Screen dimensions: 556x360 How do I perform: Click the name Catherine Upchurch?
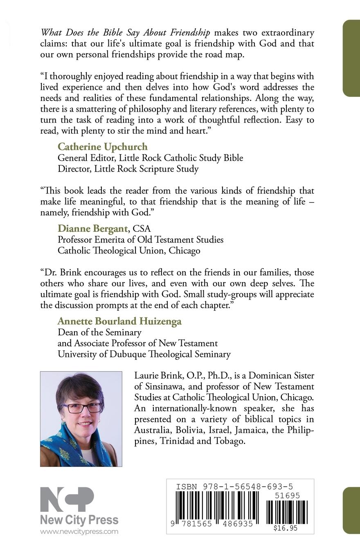102,147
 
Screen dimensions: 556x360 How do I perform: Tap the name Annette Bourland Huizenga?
119,321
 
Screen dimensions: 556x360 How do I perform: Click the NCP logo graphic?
67,500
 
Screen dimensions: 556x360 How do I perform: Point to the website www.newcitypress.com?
79,531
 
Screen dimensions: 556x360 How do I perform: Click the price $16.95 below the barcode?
286,528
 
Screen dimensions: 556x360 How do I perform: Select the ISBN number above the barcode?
234,486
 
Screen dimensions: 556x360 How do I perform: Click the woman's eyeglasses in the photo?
82,408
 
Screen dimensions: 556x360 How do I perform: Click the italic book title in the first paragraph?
126,33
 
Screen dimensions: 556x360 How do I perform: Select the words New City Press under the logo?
79,520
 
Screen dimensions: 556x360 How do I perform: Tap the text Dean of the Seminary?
99,332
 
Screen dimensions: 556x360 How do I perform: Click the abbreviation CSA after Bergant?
142,229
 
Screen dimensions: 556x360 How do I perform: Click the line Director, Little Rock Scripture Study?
128,169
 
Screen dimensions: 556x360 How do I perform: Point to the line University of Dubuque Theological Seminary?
144,354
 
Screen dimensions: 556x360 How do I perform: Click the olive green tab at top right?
351,58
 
